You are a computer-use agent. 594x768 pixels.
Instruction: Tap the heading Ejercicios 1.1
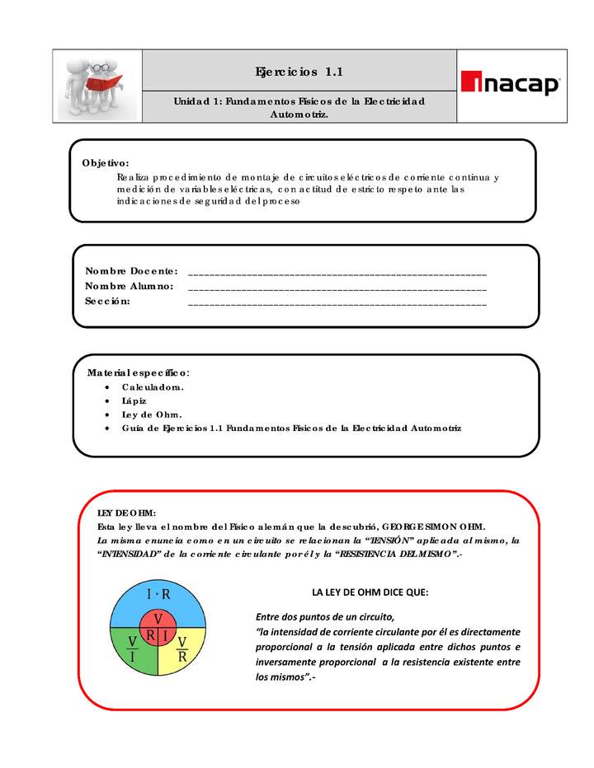pos(299,72)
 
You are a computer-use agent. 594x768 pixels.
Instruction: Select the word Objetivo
pos(105,162)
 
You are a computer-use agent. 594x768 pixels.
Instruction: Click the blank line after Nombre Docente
pos(337,272)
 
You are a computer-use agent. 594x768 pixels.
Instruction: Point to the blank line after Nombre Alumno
pos(337,288)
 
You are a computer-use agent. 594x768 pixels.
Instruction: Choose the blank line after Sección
pos(337,302)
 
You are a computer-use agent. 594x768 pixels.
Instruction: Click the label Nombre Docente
pos(131,271)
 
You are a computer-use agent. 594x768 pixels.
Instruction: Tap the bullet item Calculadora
pos(153,386)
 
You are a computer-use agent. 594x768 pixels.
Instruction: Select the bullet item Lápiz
pos(134,400)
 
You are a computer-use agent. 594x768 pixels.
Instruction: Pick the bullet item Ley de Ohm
pos(152,414)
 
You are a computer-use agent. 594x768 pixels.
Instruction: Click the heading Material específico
pos(139,372)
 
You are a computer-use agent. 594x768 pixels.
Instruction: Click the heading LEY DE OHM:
pos(126,513)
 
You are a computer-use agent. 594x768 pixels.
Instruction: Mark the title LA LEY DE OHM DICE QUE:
pos(370,592)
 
